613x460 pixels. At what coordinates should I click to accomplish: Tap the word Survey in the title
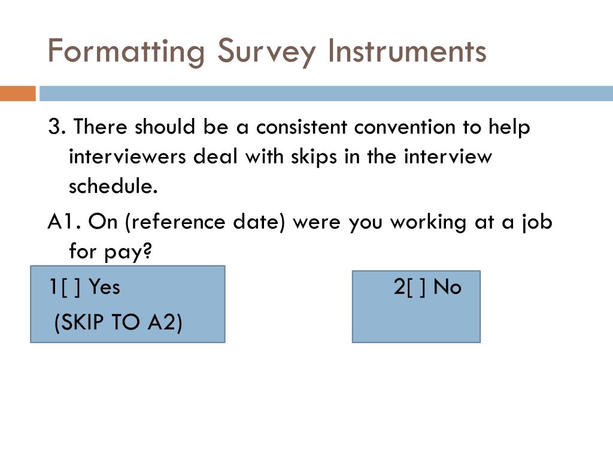click(x=265, y=52)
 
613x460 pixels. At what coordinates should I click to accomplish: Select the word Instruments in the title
click(x=406, y=52)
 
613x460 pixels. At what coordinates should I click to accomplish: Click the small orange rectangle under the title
click(x=17, y=94)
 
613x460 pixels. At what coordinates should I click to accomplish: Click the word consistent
click(x=302, y=128)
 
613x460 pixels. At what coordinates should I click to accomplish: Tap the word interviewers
click(x=127, y=157)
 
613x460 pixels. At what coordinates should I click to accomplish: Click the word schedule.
click(x=113, y=186)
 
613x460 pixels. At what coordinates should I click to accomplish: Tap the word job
click(x=536, y=222)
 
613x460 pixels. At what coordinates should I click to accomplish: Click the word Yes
click(x=104, y=287)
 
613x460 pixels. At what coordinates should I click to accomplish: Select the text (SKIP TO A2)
click(x=118, y=323)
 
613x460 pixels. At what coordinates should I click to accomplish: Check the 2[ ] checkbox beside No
click(x=411, y=287)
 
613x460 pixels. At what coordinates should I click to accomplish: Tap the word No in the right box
click(x=447, y=287)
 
